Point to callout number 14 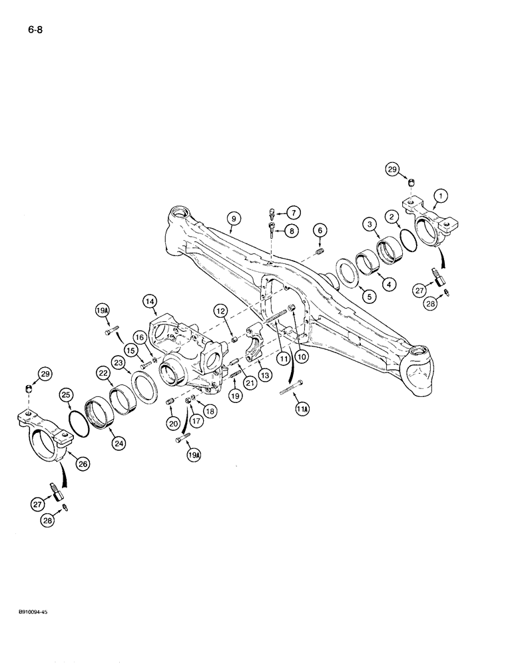point(150,302)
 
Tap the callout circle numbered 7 point(294,213)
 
